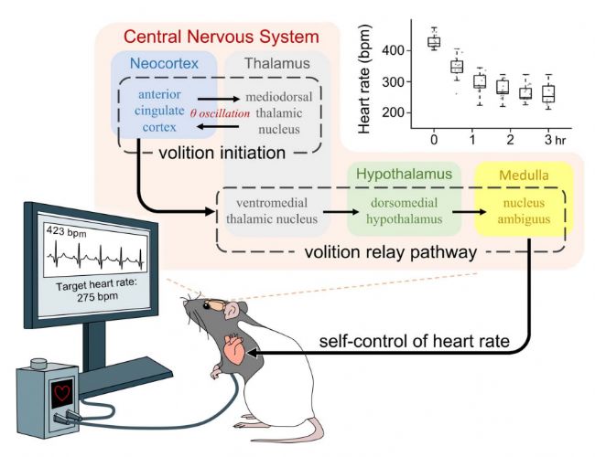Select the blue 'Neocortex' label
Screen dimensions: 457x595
click(164, 66)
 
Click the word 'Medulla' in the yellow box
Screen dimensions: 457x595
click(518, 175)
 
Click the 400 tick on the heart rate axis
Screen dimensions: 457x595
click(393, 50)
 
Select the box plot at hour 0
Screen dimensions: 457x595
click(434, 41)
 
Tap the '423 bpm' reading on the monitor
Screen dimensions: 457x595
click(69, 234)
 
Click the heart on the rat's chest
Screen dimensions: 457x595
click(235, 350)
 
